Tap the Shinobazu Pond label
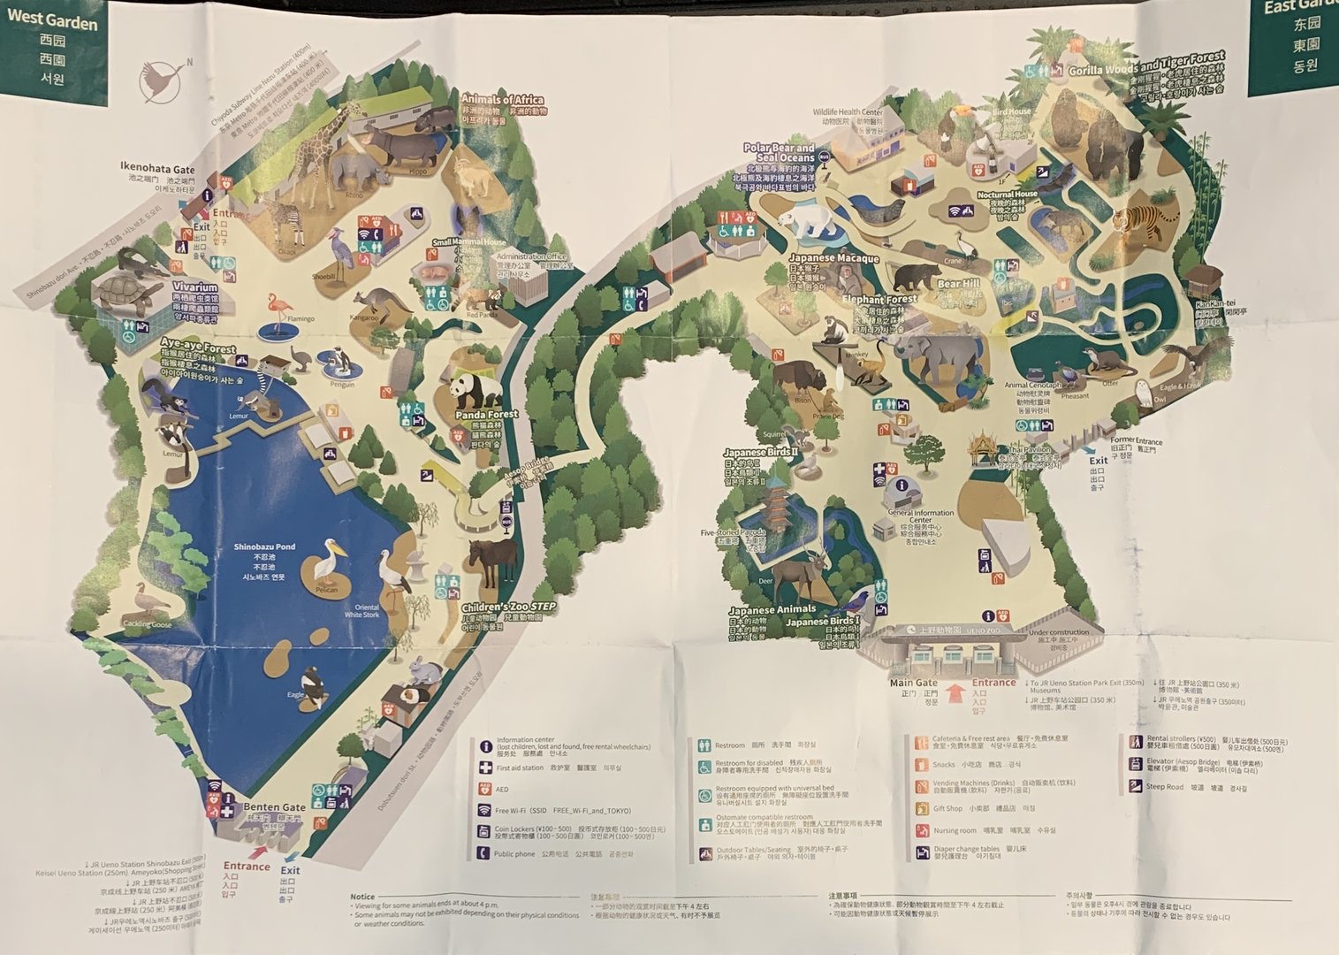point(264,547)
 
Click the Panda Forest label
point(486,414)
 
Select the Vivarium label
point(195,287)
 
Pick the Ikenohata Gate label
point(157,169)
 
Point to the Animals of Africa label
point(502,100)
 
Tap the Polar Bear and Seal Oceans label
point(779,153)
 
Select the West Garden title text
point(52,23)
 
